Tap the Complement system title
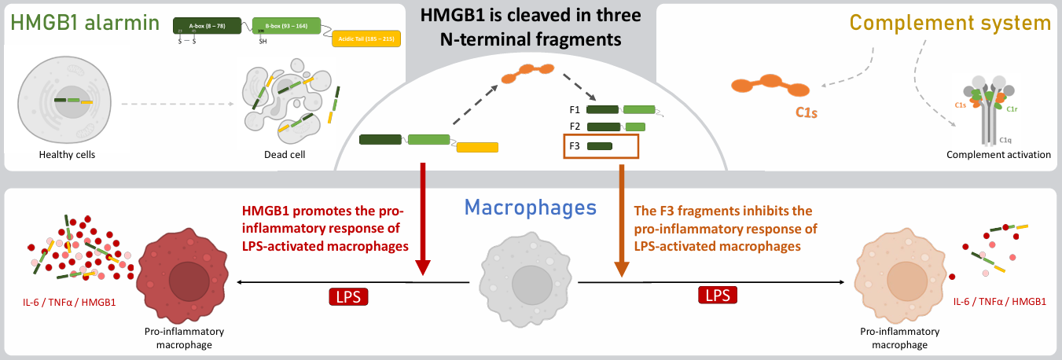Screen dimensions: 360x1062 [x=950, y=23]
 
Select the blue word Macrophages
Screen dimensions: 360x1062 [x=530, y=207]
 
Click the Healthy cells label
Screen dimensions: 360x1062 [x=67, y=155]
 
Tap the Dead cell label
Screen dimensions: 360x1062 [x=285, y=155]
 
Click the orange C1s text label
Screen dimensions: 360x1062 [x=806, y=113]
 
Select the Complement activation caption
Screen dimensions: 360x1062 [x=998, y=155]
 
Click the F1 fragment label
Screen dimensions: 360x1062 [x=575, y=111]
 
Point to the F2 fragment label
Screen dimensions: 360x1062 [x=575, y=127]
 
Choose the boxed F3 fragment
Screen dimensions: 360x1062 [x=601, y=146]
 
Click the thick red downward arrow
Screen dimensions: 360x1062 [x=423, y=220]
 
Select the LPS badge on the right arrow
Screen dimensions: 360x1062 [x=718, y=295]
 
